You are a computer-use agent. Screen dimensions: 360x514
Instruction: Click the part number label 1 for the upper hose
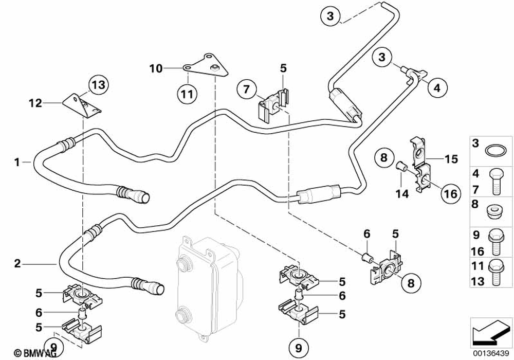coord(17,162)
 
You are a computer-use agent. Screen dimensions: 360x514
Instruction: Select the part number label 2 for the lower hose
coord(17,263)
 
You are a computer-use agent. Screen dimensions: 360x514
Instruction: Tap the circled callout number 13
coord(98,84)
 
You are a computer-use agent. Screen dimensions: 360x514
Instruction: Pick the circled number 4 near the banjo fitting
coord(436,88)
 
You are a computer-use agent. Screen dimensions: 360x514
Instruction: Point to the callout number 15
coord(451,159)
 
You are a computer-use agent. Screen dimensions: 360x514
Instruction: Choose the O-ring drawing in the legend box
coord(494,150)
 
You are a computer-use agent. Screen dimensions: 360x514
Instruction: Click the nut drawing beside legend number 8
coord(494,210)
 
